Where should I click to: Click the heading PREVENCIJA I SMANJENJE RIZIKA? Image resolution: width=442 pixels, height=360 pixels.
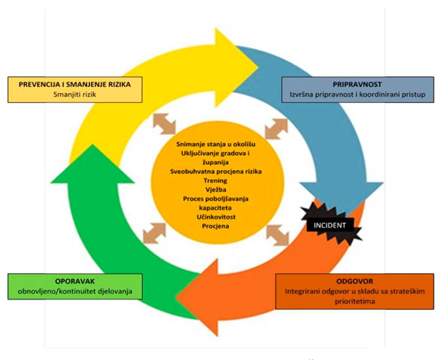(x=75, y=85)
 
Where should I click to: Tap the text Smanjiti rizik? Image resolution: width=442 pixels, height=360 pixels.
(x=75, y=95)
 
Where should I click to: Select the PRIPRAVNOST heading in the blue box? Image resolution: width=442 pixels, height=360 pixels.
(x=357, y=85)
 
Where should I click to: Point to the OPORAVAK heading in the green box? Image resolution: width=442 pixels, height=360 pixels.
(x=75, y=281)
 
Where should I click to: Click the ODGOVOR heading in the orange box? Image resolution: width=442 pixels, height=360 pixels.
(x=354, y=281)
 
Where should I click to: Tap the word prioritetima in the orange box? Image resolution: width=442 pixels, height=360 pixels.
(x=354, y=301)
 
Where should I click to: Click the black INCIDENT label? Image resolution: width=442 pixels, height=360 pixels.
(x=330, y=225)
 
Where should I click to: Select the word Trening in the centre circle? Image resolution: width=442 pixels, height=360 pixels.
(x=215, y=181)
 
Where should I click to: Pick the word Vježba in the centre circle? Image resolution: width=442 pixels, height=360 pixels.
(x=215, y=190)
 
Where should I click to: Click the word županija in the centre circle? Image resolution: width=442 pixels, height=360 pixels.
(x=215, y=163)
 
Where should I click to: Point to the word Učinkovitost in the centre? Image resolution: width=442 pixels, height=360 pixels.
(x=216, y=217)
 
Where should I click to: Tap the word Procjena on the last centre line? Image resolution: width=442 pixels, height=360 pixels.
(x=215, y=226)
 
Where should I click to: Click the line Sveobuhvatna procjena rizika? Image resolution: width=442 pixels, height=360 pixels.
(x=216, y=172)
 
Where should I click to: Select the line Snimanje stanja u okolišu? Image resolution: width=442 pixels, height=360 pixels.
(x=216, y=144)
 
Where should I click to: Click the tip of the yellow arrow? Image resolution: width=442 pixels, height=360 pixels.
(x=258, y=67)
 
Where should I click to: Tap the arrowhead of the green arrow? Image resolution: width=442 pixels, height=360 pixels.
(x=92, y=144)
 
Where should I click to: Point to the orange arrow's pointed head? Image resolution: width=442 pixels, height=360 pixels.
(x=176, y=296)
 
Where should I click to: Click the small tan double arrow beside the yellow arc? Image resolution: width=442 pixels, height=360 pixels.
(x=164, y=124)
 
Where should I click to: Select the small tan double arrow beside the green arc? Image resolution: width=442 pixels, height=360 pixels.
(x=154, y=233)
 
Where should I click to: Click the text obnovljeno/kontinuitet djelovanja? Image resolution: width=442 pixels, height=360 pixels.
(x=75, y=291)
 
